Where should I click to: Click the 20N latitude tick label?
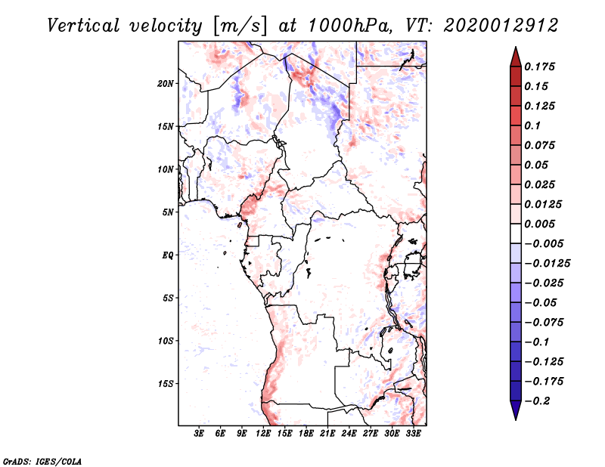click(166, 83)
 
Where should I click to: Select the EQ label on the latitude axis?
click(168, 255)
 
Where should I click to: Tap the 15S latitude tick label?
click(166, 383)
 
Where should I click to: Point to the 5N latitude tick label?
click(169, 212)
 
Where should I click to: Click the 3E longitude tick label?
click(200, 433)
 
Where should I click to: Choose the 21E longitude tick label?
click(327, 433)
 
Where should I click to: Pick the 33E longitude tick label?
click(413, 433)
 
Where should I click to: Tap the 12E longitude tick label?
click(264, 433)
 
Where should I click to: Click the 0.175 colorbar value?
click(541, 66)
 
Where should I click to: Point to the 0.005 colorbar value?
click(541, 224)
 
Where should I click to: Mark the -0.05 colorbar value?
click(544, 302)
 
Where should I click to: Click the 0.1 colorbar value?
click(534, 125)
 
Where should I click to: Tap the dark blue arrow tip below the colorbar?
click(514, 413)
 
